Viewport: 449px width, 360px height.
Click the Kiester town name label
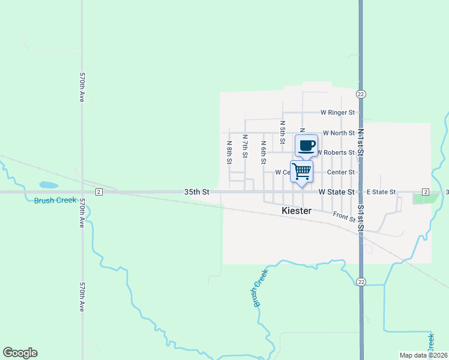[297, 211]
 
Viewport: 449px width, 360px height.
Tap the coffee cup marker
[306, 146]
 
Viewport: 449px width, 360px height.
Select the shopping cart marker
[301, 171]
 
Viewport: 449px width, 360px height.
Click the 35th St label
[196, 192]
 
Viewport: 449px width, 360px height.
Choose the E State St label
[381, 192]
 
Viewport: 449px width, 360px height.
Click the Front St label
[344, 217]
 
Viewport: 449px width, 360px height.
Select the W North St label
[339, 133]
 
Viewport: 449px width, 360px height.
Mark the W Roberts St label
[335, 153]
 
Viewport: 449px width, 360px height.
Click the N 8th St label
[229, 152]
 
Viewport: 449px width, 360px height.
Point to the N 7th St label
[245, 146]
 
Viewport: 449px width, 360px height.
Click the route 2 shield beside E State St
[425, 191]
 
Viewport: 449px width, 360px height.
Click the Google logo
[20, 353]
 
